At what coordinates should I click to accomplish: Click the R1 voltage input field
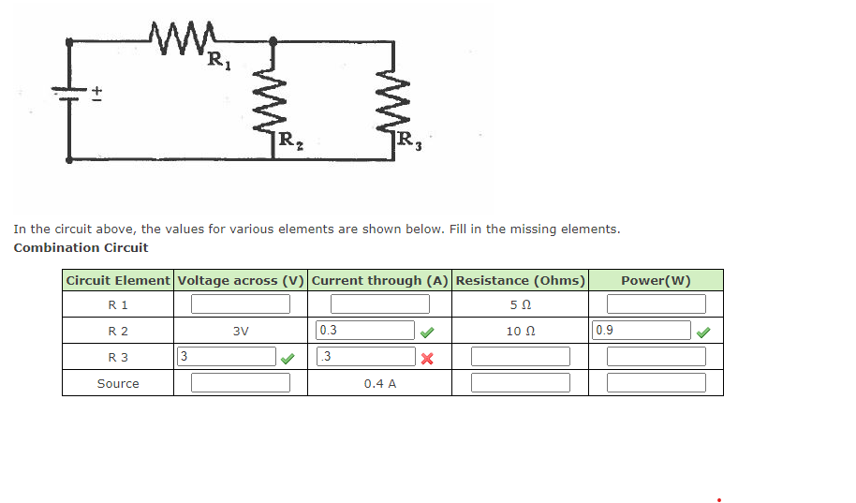241,304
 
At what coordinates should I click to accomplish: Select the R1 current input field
379,304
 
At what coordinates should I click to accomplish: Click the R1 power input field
656,304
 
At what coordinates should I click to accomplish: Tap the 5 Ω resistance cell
520,304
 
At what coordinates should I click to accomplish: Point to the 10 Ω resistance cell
520,331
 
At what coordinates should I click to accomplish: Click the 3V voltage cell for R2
241,331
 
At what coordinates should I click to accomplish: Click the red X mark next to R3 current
426,358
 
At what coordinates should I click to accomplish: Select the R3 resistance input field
520,357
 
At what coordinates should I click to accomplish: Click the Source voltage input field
241,383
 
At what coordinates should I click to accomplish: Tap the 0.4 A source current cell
379,383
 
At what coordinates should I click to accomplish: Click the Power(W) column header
656,280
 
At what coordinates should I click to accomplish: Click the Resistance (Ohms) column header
520,280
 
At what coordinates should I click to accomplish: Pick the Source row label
118,383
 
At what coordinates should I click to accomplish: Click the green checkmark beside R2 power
702,331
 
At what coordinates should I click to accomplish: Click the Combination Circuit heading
81,248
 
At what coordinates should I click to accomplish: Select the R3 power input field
656,357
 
